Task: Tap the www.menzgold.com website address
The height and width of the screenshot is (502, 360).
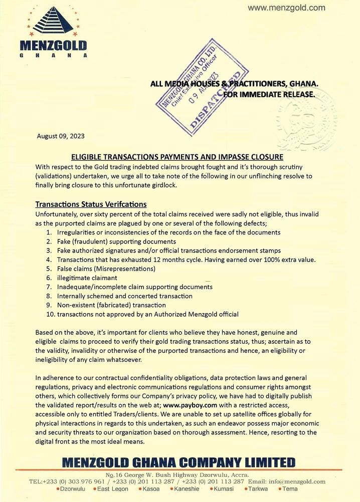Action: [x=286, y=8]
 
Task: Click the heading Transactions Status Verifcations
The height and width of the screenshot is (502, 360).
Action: [x=91, y=204]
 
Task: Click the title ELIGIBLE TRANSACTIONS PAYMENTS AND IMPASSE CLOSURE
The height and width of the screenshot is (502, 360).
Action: [x=177, y=157]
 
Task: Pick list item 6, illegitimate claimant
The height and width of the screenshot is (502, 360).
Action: [x=87, y=278]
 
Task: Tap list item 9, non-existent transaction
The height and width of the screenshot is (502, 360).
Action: [x=111, y=305]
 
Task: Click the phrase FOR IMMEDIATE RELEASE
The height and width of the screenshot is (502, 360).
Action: [x=269, y=94]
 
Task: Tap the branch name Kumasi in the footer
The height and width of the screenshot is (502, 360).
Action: [x=224, y=489]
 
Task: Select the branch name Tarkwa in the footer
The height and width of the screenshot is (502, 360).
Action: [x=258, y=489]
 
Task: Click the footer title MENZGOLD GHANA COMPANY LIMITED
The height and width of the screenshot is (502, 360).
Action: [x=178, y=462]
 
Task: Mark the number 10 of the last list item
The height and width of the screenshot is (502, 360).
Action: [x=50, y=314]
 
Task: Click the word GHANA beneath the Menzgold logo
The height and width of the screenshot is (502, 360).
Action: [x=53, y=55]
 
